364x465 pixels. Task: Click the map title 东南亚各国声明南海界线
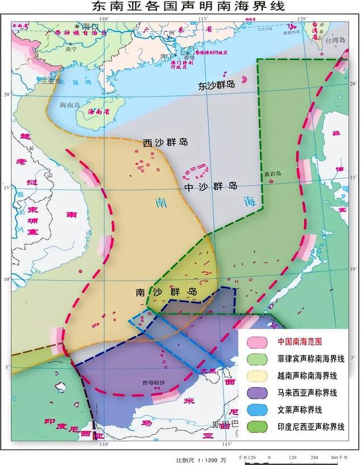click(181, 7)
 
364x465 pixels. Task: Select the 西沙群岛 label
click(165, 143)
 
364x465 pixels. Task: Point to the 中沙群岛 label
click(210, 186)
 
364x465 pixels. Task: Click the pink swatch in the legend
click(258, 342)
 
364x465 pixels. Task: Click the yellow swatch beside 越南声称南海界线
click(258, 376)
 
